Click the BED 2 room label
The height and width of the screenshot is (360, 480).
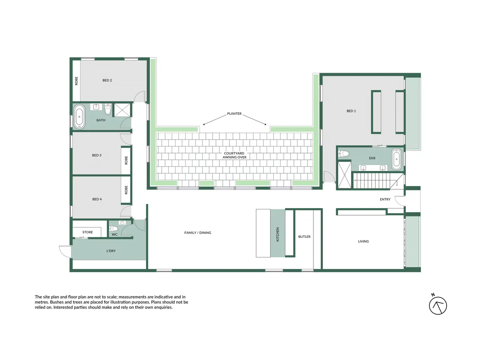(107, 80)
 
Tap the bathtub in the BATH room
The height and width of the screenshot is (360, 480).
(79, 117)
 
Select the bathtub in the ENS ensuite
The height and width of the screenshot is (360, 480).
(396, 159)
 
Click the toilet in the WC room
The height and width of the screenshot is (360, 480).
(113, 229)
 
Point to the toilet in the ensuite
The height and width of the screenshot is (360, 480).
(343, 153)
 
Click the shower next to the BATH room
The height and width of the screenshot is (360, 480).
(122, 110)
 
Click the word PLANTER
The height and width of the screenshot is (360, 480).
(234, 114)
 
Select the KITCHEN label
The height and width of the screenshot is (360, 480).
(278, 234)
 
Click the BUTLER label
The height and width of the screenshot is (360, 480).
(304, 237)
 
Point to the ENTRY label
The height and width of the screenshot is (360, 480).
(385, 199)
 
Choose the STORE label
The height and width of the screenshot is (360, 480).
(87, 232)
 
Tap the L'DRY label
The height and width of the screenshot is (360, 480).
(111, 251)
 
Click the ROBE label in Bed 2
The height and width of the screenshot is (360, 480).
(76, 81)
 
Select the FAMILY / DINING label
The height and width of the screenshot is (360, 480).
(198, 233)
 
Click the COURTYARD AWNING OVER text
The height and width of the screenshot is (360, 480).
(234, 155)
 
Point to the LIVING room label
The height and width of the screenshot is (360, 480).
(363, 241)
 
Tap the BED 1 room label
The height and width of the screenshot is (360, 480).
(351, 111)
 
